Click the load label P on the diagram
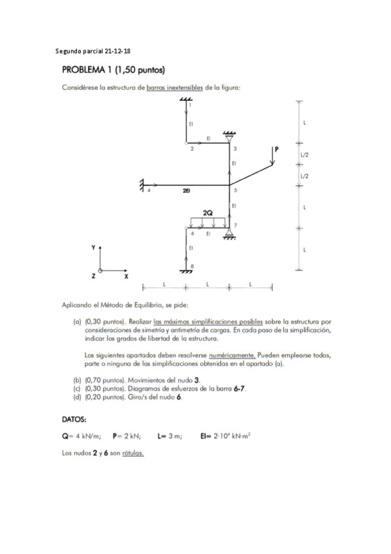click(276, 150)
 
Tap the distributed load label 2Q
click(207, 213)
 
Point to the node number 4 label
click(149, 191)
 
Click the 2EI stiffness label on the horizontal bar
click(187, 191)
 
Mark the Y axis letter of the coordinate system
click(93, 248)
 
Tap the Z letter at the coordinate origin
click(93, 277)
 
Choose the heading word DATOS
click(75, 419)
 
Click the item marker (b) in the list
click(77, 380)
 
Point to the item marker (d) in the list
click(77, 397)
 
